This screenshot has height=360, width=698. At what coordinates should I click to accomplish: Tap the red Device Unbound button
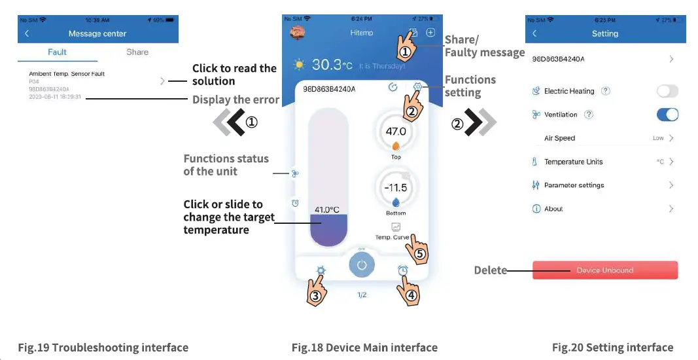pos(604,270)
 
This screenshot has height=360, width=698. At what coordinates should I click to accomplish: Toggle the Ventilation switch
pos(667,115)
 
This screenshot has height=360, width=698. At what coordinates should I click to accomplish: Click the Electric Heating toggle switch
pos(667,91)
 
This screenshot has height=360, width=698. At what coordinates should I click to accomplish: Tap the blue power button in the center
pos(361,265)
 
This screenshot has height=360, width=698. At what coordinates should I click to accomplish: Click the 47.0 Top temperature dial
pos(396,132)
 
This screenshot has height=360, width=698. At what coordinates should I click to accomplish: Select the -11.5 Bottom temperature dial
pos(396,189)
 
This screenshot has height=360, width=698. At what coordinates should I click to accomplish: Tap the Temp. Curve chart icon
pos(396,227)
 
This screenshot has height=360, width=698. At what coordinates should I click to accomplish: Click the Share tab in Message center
pos(137,52)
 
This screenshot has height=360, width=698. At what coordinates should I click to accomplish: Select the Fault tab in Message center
pos(58,52)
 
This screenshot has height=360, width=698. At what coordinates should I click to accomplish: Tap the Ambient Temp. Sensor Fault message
pos(67,74)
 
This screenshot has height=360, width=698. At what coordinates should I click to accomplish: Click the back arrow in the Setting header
pos(534,33)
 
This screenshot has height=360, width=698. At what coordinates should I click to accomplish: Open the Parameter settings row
pos(574,185)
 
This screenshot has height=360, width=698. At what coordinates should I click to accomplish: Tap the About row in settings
pos(553,209)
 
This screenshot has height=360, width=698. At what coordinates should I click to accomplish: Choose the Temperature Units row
pos(573,162)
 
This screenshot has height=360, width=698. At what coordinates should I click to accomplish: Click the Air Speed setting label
pos(559,138)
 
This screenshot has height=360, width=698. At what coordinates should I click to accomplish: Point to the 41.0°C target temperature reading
pos(327,209)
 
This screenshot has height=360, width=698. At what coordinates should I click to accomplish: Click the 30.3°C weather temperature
pos(332,65)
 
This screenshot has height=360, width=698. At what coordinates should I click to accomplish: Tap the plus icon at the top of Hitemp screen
pos(430,33)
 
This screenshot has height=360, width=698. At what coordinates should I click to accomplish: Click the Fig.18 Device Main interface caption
pos(364,348)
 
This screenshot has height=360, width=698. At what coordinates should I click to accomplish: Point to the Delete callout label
pos(490,270)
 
